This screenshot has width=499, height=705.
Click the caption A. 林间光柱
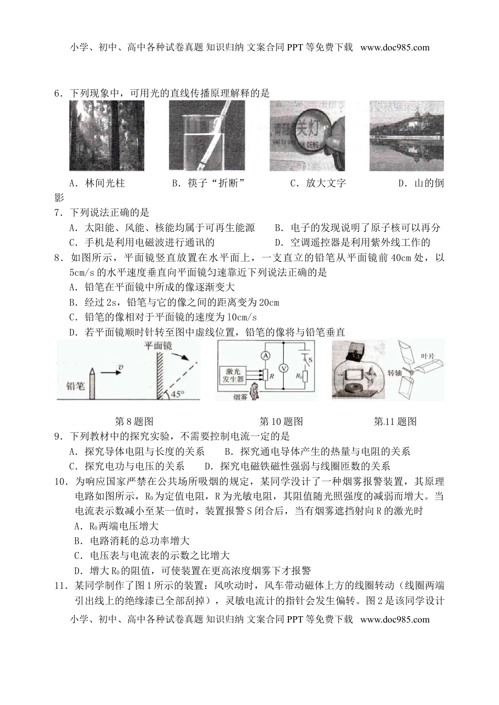pos(97,183)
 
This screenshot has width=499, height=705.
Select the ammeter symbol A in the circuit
pos(266,356)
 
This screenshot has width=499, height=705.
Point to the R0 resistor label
pos(299,376)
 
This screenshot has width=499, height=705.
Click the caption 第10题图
pos(281,421)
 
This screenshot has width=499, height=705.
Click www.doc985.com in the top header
pos(395,47)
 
